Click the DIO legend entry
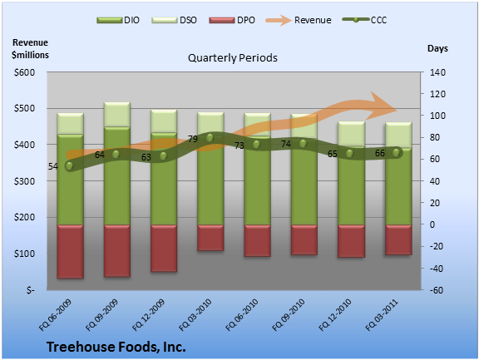(x=118, y=20)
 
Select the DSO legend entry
(x=174, y=20)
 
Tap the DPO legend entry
(x=232, y=20)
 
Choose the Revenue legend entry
(x=299, y=20)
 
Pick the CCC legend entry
(x=364, y=20)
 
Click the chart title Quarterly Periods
(x=233, y=57)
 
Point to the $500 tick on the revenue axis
(x=24, y=108)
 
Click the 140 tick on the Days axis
(x=437, y=72)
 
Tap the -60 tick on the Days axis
(x=437, y=290)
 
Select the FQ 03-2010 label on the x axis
(x=195, y=315)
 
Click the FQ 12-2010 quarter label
(x=335, y=315)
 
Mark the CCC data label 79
(x=193, y=139)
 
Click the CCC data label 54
(x=53, y=166)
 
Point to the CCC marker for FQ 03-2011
(x=396, y=152)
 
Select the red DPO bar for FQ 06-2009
(x=70, y=252)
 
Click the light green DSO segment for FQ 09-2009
(x=117, y=115)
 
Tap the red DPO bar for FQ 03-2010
(x=210, y=238)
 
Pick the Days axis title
(x=437, y=48)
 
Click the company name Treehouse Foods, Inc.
(x=116, y=347)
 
